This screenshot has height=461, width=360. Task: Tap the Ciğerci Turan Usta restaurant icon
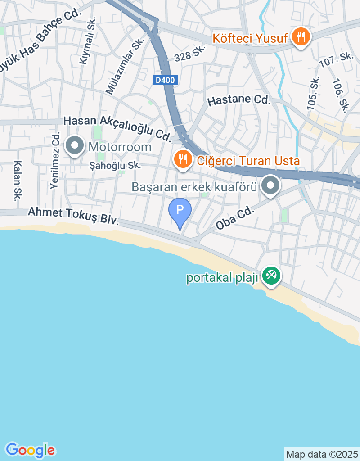(182, 160)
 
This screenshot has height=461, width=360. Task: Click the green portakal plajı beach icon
(271, 276)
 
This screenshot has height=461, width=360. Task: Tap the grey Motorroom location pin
(75, 146)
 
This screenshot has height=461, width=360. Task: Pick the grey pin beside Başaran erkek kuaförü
(270, 185)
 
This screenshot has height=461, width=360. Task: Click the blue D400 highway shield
(166, 80)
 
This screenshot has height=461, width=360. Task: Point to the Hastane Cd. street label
(238, 100)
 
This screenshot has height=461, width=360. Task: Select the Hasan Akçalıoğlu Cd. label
(117, 127)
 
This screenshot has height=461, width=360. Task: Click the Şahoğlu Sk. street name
(115, 166)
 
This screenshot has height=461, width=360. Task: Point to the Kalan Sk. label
(18, 181)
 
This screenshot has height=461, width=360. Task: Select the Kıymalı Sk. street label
(87, 42)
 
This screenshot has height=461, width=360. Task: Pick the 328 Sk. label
(189, 55)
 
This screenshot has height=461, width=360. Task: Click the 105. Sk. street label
(313, 93)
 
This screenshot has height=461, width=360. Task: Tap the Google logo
(30, 450)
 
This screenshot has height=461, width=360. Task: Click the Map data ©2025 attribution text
(322, 454)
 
